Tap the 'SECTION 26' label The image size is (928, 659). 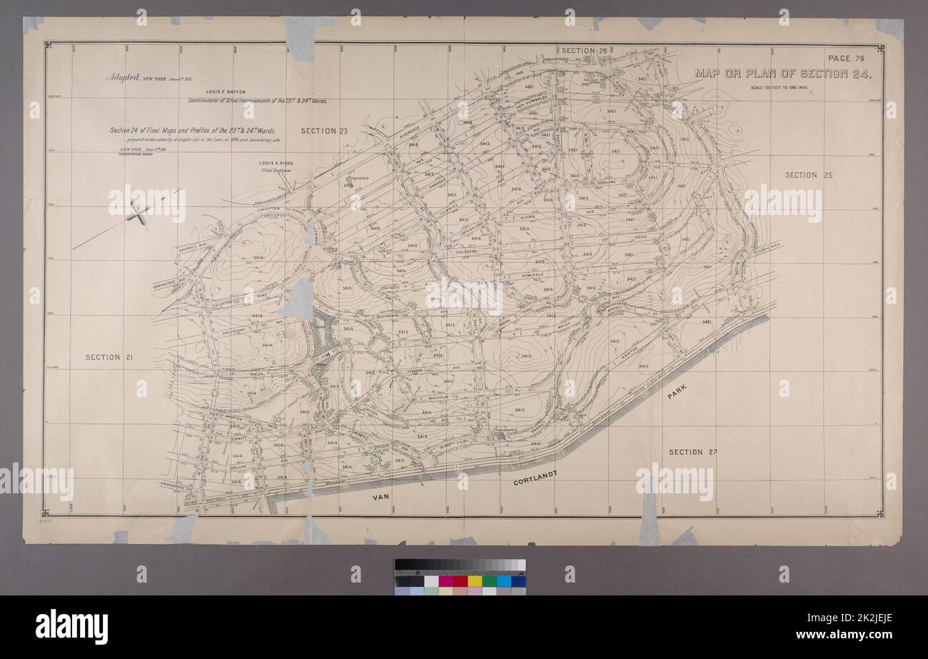pos(584,51)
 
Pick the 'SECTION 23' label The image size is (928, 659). pos(323,131)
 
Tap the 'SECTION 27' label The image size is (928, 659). pos(692,453)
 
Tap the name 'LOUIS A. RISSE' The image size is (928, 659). pos(276,164)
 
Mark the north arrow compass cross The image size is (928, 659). pos(138,213)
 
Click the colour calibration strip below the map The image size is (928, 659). pos(460,576)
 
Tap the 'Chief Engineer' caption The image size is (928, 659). pos(276,171)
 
